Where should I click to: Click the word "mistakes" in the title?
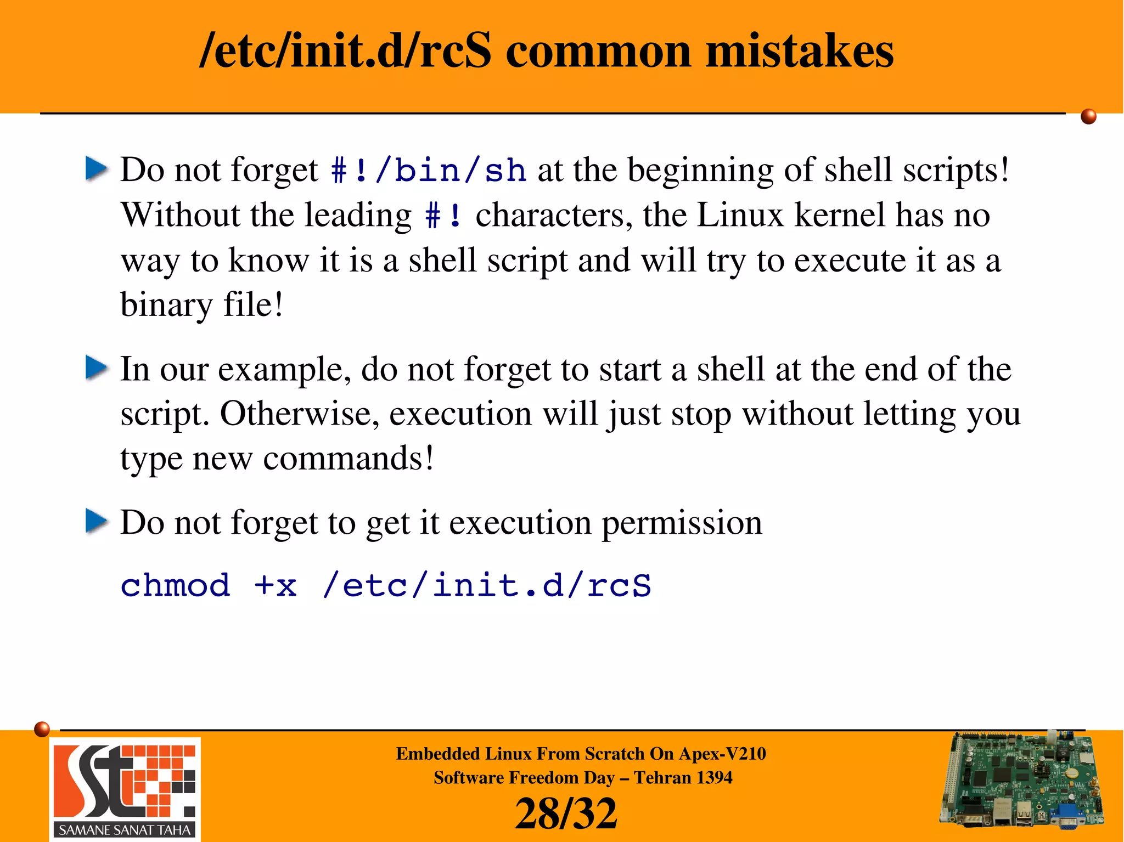pos(799,51)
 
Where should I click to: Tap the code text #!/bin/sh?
pos(429,170)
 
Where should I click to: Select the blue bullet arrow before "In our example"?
pos(97,368)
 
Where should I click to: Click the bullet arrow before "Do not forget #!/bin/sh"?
pos(97,169)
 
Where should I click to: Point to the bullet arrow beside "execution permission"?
pos(97,521)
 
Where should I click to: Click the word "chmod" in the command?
pos(175,585)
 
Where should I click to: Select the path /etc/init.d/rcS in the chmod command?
pos(487,585)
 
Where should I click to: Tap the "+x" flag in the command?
pos(275,585)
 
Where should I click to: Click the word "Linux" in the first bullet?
pos(740,215)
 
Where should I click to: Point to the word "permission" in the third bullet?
pos(682,523)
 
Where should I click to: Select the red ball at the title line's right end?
pos(1088,116)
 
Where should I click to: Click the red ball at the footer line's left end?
pos(42,729)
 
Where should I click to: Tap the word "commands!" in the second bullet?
pos(349,459)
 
